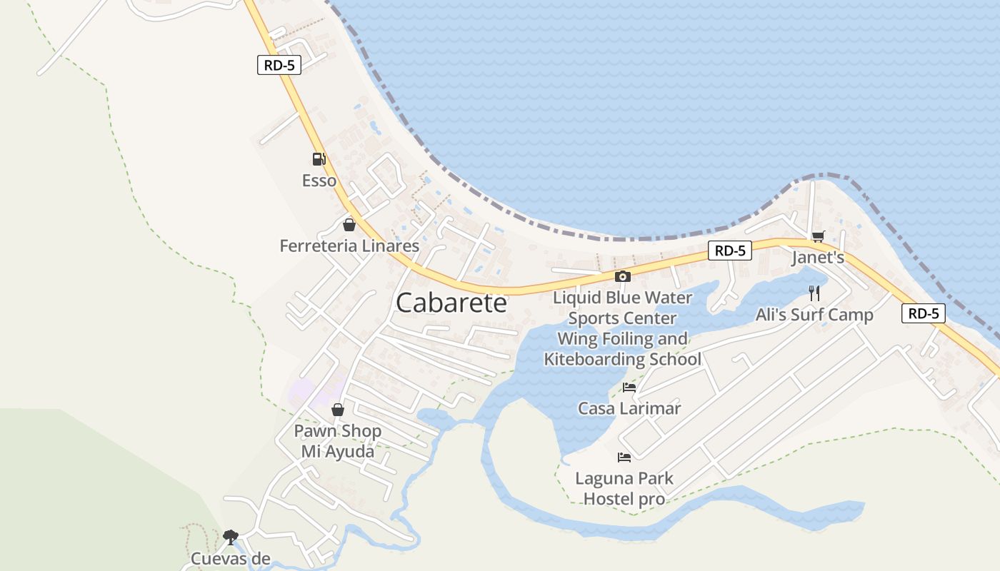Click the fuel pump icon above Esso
click(x=319, y=159)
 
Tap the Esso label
click(x=319, y=181)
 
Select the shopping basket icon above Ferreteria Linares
click(x=349, y=225)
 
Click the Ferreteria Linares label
click(x=349, y=246)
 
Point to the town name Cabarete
click(x=451, y=303)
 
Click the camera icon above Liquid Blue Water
click(x=623, y=276)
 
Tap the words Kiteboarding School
click(x=623, y=359)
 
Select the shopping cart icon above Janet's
click(x=818, y=236)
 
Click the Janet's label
click(x=818, y=258)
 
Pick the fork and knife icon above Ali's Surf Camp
click(x=814, y=293)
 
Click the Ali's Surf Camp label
click(x=814, y=315)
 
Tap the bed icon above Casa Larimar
click(x=629, y=388)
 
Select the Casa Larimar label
click(x=629, y=409)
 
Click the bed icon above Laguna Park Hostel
click(x=624, y=457)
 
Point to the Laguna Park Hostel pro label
click(x=624, y=488)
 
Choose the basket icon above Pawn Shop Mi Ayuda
click(x=338, y=410)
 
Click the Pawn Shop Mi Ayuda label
click(x=338, y=441)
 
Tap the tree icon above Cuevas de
click(x=230, y=536)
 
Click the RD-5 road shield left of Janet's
click(x=730, y=251)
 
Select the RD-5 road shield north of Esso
click(x=279, y=66)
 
